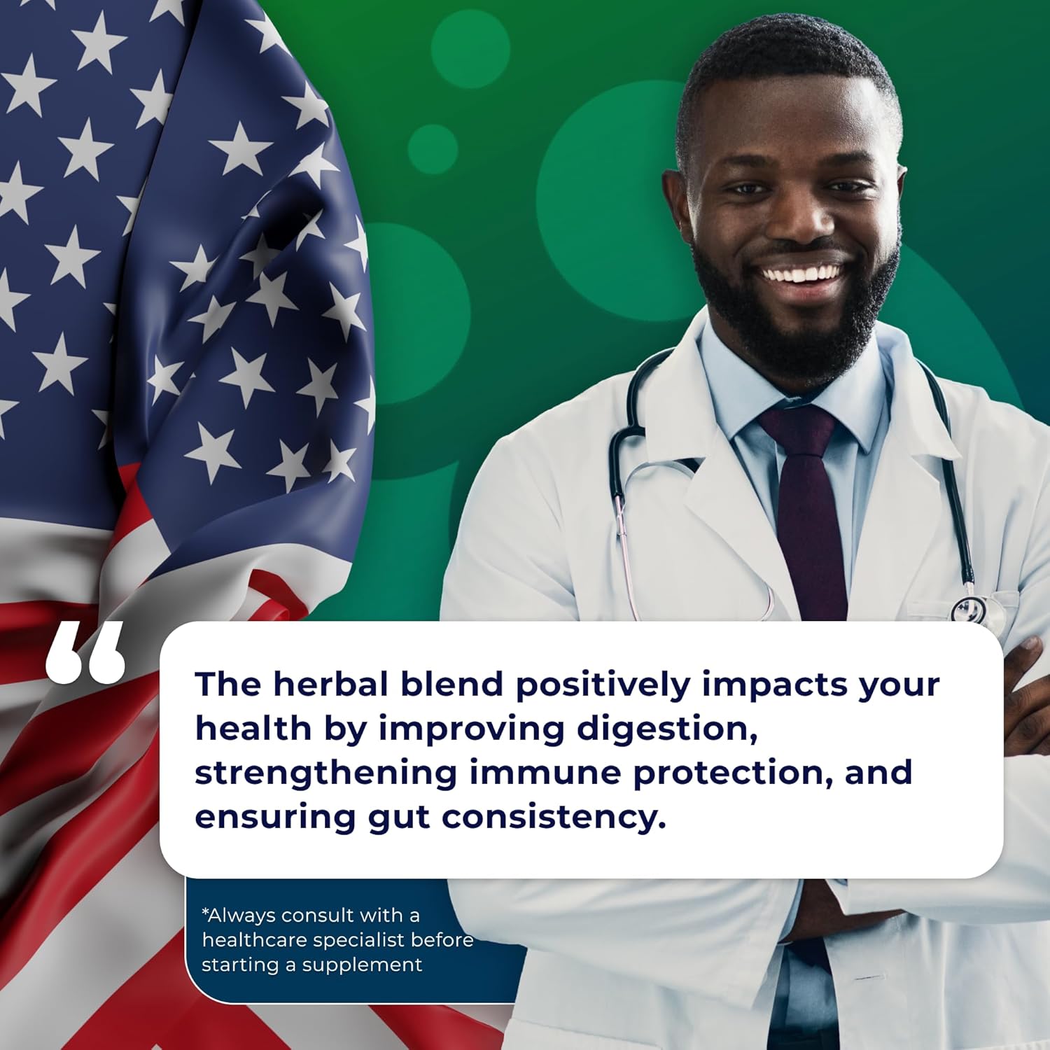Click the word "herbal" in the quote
(x=330, y=684)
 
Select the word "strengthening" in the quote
(x=325, y=773)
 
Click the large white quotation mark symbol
(x=85, y=652)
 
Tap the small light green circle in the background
(x=433, y=148)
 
